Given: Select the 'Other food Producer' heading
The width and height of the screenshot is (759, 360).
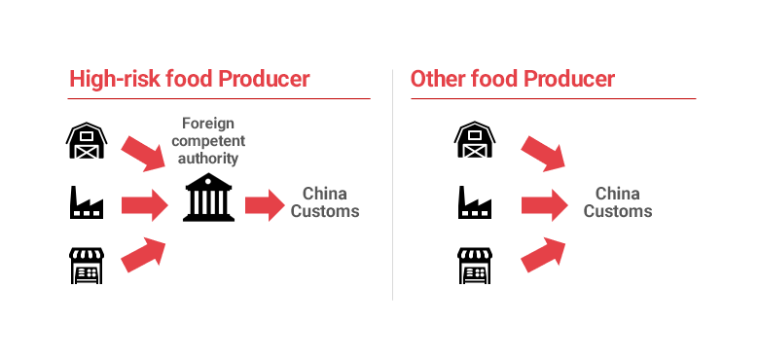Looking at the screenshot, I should (x=512, y=79).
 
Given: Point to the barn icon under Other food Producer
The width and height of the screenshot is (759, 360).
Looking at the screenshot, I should (x=474, y=141).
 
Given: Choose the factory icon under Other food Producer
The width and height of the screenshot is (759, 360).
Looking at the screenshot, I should (x=474, y=204).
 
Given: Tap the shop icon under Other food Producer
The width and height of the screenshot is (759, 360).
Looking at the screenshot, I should (x=474, y=265).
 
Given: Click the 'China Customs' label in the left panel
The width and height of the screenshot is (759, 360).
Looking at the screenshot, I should (x=324, y=202).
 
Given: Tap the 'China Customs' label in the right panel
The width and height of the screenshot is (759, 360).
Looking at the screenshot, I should (x=617, y=202).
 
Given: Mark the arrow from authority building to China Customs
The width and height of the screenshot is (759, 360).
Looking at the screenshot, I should (x=263, y=204).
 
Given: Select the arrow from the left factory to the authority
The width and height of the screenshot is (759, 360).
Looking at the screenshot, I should (x=144, y=204).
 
